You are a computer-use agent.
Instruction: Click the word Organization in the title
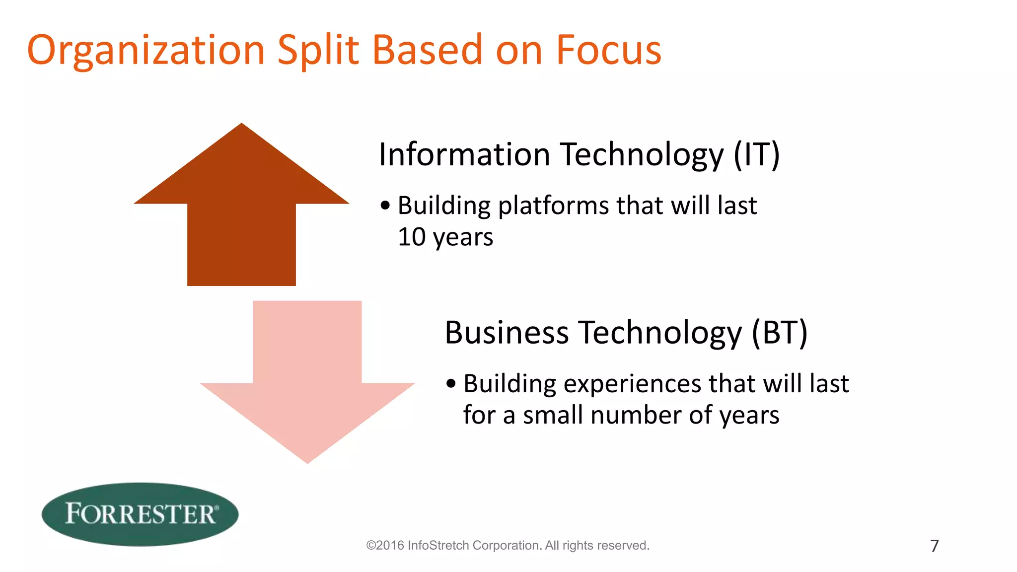point(146,51)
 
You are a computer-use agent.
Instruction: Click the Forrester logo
point(140,514)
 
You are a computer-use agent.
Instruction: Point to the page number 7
point(934,546)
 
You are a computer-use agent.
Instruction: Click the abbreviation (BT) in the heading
point(779,332)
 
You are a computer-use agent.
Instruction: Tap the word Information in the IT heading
point(464,154)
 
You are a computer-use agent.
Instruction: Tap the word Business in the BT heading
point(507,332)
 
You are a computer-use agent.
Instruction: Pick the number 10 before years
point(412,237)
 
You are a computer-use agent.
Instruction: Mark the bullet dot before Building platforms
point(385,206)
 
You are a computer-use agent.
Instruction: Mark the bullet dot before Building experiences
point(450,383)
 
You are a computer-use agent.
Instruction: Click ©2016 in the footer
point(385,545)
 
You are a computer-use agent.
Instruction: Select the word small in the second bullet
point(553,415)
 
